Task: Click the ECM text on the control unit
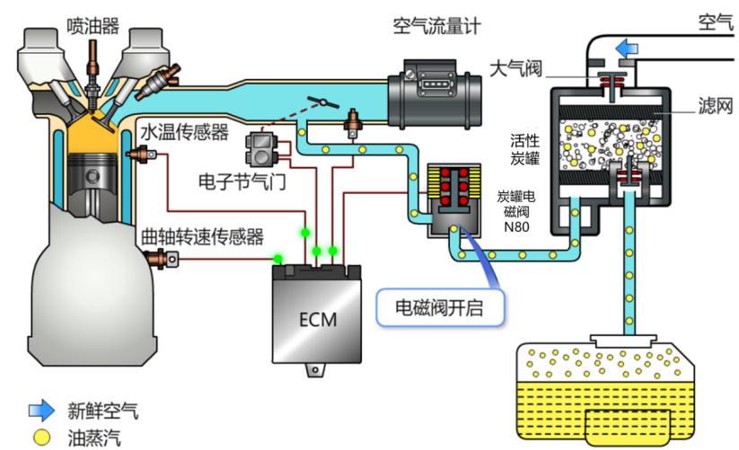coord(318,320)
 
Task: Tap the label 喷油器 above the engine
coord(92,26)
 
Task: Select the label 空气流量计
coord(437,26)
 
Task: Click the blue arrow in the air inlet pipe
coord(627,49)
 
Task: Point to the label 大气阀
coord(516,69)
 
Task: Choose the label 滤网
coord(716,106)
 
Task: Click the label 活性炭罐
coord(524,149)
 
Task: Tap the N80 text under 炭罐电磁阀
coord(516,227)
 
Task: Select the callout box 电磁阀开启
coord(440,308)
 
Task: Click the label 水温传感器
coord(184,132)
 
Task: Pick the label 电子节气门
coord(242,181)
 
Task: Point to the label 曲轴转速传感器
coord(202,237)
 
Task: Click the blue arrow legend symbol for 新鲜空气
coord(41,410)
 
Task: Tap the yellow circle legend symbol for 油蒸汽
coord(41,437)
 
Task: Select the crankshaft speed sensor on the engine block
coord(163,259)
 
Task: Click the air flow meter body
coord(435,93)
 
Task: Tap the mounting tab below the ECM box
coord(316,370)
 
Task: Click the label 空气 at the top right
coord(716,22)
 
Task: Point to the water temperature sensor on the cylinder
coord(141,154)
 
